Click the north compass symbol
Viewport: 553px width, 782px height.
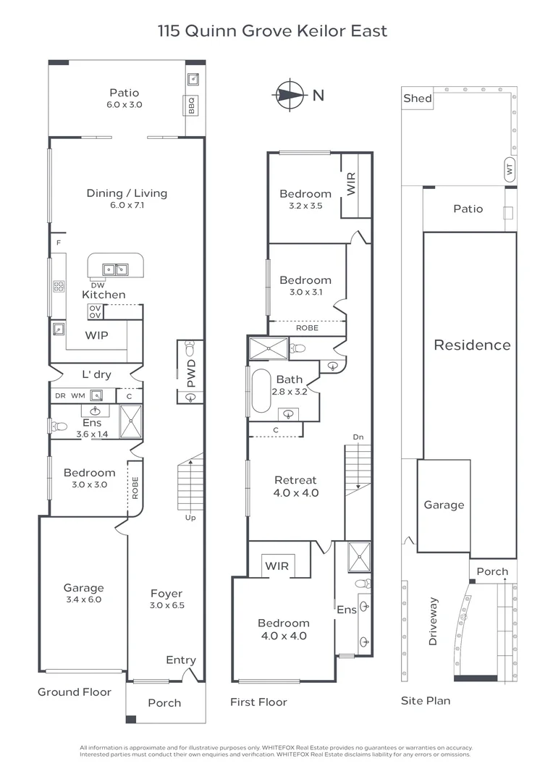pyautogui.click(x=289, y=94)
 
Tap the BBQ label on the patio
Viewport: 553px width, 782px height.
pyautogui.click(x=192, y=106)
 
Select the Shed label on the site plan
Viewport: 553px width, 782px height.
pyautogui.click(x=417, y=98)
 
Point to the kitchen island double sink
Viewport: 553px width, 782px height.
pyautogui.click(x=116, y=269)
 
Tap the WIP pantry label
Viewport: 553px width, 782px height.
pyautogui.click(x=97, y=336)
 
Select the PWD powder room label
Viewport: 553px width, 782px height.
pyautogui.click(x=192, y=372)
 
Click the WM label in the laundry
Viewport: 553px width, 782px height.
pyautogui.click(x=78, y=396)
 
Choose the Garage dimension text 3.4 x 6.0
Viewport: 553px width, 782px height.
pyautogui.click(x=83, y=600)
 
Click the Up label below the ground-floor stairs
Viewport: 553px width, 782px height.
pyautogui.click(x=190, y=518)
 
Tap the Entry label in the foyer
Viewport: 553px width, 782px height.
pyautogui.click(x=180, y=660)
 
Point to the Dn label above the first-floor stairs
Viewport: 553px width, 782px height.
pyautogui.click(x=358, y=437)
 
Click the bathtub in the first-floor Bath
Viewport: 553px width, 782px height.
pyautogui.click(x=258, y=392)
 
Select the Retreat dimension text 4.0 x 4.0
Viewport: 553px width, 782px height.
pyautogui.click(x=295, y=492)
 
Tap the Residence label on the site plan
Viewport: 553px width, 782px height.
pyautogui.click(x=472, y=345)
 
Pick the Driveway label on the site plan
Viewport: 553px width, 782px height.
pyautogui.click(x=434, y=621)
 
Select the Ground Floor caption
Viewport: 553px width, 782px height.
pyautogui.click(x=75, y=692)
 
